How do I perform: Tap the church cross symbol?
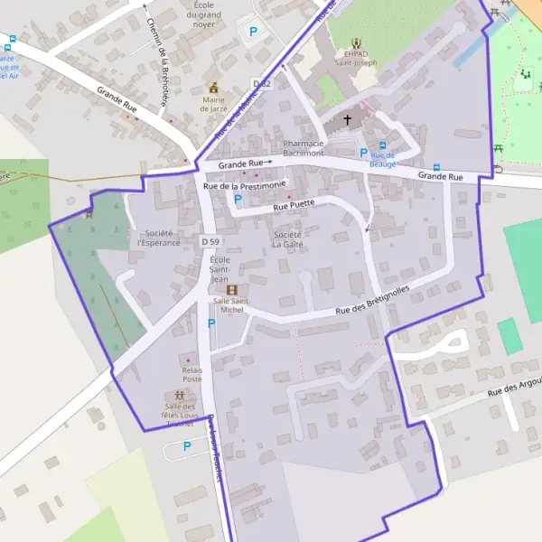point(347,119)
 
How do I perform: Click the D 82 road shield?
point(262,84)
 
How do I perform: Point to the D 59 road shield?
point(210,242)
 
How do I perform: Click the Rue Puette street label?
point(294,204)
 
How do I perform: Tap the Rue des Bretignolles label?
point(372,301)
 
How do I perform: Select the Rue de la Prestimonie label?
point(246,185)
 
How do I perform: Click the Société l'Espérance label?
point(156,238)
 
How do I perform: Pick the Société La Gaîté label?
point(287,239)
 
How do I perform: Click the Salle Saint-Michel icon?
point(232,289)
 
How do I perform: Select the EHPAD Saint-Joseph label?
point(357,58)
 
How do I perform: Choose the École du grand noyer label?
point(209,14)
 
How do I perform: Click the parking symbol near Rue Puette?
point(238,198)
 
